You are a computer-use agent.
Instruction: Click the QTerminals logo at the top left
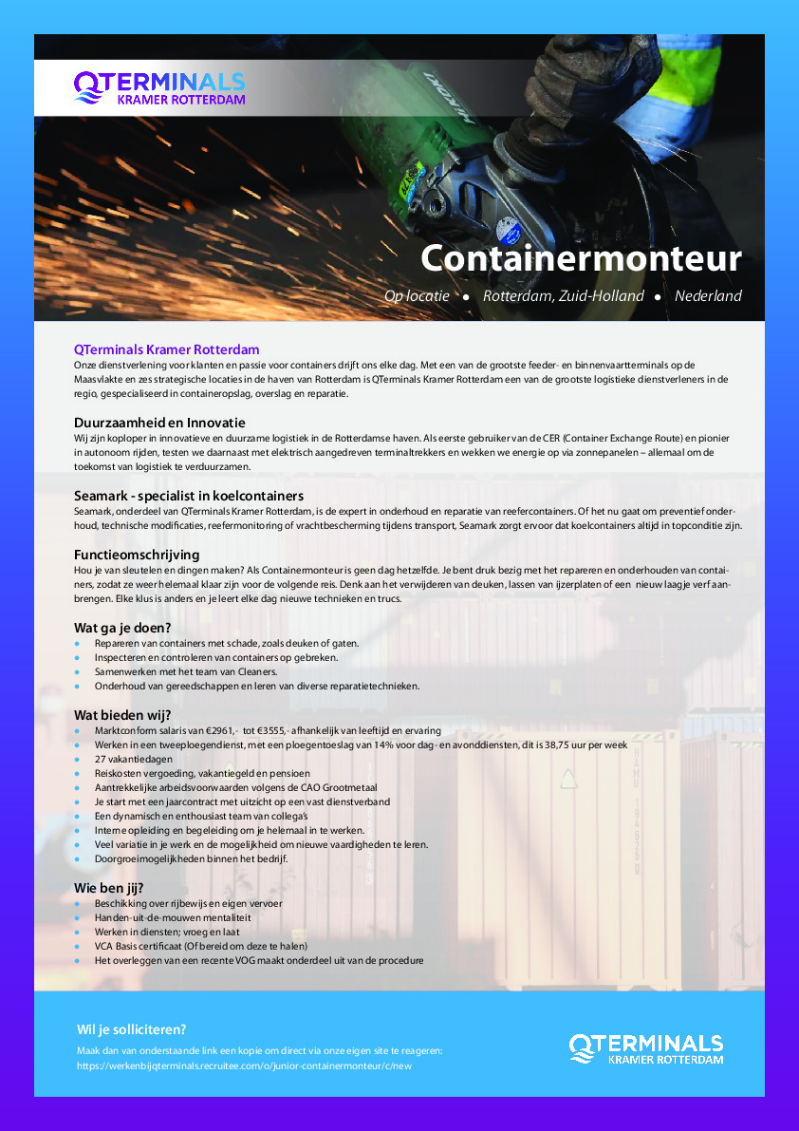(x=159, y=87)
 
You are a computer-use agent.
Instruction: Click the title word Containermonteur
(x=581, y=257)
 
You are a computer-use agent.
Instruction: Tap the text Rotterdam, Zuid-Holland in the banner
(x=563, y=296)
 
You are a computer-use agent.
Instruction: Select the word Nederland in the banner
(x=708, y=296)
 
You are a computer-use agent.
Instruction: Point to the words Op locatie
(x=417, y=296)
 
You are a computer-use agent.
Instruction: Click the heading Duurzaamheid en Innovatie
(x=159, y=422)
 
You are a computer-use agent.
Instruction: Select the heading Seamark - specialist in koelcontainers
(x=189, y=496)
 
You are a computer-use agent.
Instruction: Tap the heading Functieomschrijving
(x=139, y=554)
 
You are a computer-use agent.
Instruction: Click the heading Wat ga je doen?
(x=122, y=627)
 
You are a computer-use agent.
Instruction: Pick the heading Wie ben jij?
(x=110, y=887)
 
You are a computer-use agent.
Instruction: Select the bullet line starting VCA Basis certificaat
(x=200, y=946)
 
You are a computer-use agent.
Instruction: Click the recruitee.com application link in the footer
(x=244, y=1065)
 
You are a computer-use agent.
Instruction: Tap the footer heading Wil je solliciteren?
(x=131, y=1029)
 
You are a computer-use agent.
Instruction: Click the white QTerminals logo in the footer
(x=645, y=1049)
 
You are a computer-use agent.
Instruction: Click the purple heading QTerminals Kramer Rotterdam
(x=166, y=349)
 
